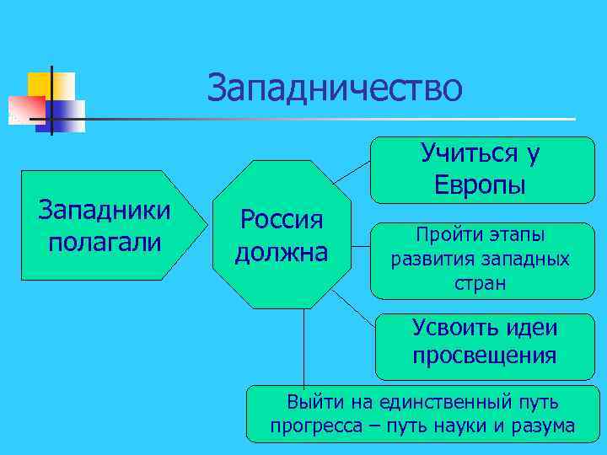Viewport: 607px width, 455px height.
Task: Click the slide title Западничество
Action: (x=335, y=88)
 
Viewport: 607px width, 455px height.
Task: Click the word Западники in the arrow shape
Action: (x=105, y=210)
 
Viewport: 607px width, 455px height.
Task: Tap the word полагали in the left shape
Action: (x=105, y=242)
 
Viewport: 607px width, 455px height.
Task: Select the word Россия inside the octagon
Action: (x=282, y=220)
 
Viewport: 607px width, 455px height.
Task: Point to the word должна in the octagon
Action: (x=282, y=252)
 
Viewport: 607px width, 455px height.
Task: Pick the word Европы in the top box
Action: (x=480, y=185)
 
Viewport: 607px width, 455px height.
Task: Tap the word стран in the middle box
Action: (x=480, y=282)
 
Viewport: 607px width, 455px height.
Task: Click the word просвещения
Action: (x=484, y=355)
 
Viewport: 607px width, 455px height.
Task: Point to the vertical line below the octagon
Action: (x=303, y=354)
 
